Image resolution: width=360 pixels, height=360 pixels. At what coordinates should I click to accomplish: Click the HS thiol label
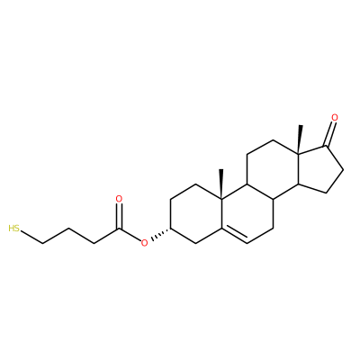[14, 229]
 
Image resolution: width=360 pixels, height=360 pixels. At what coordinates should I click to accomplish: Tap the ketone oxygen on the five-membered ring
[335, 118]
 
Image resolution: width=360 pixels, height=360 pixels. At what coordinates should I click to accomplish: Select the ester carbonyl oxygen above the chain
[119, 199]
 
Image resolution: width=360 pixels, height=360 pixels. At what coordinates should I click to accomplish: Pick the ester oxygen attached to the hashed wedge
[145, 243]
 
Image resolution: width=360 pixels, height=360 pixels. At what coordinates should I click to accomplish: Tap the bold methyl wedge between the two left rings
[221, 184]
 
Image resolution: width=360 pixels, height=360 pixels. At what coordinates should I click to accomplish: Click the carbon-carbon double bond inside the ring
[234, 236]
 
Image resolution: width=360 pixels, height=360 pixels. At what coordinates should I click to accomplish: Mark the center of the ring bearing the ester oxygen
[196, 214]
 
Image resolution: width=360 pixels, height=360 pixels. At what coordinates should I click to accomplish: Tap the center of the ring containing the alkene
[247, 214]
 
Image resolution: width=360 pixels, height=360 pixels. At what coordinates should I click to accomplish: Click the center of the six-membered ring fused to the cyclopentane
[273, 169]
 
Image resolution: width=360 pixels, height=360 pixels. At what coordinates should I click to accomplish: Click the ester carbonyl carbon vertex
[119, 229]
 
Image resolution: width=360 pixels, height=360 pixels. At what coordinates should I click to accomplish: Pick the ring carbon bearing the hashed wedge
[170, 229]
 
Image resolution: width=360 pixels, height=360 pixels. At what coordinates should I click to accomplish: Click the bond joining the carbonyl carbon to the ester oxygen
[130, 235]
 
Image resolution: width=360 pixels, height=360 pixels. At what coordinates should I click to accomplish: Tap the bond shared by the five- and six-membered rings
[298, 169]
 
